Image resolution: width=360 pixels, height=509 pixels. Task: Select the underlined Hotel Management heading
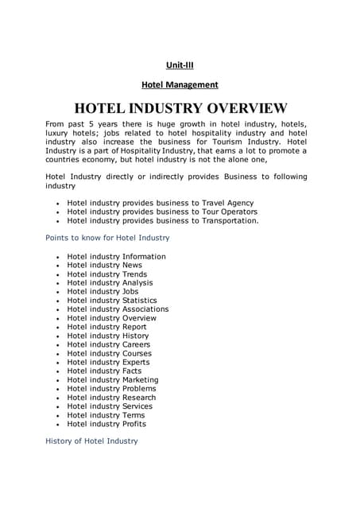(x=180, y=84)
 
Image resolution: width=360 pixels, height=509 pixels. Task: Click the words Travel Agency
(x=228, y=203)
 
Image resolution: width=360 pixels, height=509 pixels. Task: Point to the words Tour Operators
(x=230, y=212)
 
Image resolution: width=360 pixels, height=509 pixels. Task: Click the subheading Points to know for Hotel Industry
(x=107, y=238)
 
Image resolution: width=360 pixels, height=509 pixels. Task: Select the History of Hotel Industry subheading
(x=91, y=441)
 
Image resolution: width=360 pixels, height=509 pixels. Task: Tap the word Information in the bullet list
(x=144, y=257)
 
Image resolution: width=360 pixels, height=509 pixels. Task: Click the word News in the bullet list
(x=132, y=266)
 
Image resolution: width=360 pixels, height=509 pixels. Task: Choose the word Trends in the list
(x=134, y=274)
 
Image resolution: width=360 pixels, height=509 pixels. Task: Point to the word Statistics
(x=140, y=301)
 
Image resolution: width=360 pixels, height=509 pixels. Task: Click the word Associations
(x=145, y=309)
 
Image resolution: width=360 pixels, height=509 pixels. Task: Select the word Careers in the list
(x=136, y=344)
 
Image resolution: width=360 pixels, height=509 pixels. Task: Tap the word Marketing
(x=140, y=379)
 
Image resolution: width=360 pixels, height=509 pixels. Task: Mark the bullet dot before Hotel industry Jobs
(x=58, y=293)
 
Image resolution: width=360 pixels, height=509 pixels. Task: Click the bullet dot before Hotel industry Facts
(x=58, y=371)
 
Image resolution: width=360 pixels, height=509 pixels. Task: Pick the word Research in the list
(x=139, y=397)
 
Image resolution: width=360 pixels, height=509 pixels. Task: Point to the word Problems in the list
(x=139, y=388)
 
